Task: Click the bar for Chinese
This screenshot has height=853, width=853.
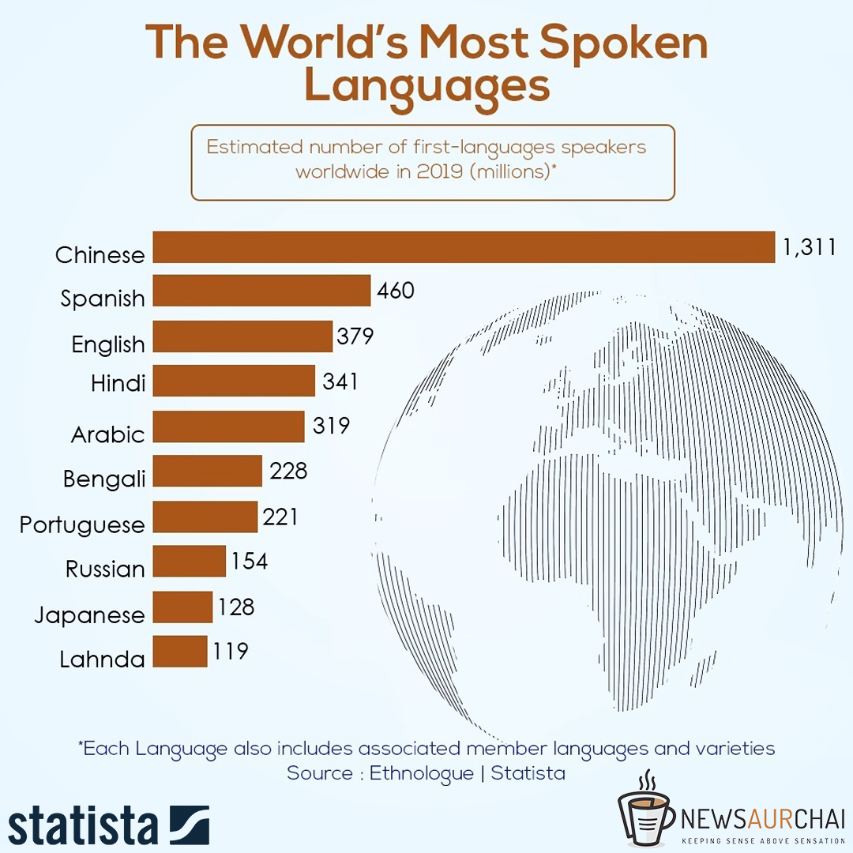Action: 464,247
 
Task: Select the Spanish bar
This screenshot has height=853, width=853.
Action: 261,291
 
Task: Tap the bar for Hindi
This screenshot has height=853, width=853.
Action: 234,381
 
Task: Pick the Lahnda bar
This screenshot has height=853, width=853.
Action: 180,652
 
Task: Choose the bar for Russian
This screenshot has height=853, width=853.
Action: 189,562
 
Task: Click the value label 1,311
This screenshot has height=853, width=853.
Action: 808,247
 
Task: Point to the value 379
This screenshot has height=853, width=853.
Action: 355,336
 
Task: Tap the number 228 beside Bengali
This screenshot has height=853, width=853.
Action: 287,472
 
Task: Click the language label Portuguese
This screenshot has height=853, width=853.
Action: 82,525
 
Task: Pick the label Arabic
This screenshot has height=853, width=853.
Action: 108,434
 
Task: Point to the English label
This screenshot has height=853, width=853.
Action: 108,344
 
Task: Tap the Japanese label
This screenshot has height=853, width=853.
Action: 90,615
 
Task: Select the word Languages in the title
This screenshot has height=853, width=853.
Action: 426,87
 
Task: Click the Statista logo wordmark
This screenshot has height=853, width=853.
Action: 83,825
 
